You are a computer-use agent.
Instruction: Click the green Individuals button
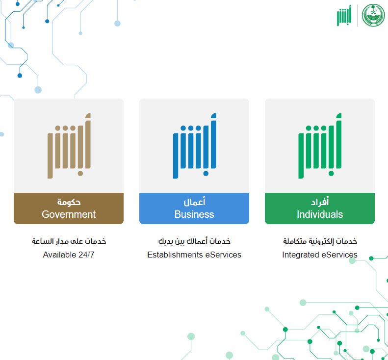coord(320,208)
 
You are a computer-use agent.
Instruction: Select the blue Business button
coord(194,208)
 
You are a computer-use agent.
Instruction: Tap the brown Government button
coord(69,208)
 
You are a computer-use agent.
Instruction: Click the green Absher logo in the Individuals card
coord(320,146)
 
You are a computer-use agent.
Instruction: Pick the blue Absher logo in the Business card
coord(194,146)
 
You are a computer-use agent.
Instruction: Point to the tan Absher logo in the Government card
coord(69,146)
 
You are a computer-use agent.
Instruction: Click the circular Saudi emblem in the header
coord(373,16)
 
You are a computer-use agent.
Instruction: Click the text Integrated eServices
coord(320,255)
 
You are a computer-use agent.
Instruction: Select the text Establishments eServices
coord(194,255)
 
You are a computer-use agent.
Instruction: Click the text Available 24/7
coord(69,255)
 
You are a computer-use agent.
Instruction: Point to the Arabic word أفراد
coord(320,202)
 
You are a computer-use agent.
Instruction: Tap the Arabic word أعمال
coord(194,202)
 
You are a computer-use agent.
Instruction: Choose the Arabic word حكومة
coord(69,202)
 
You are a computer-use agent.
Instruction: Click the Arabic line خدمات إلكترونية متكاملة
coord(320,241)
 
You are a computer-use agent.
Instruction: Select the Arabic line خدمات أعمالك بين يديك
coord(194,241)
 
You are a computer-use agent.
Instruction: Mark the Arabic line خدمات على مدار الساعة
coord(69,241)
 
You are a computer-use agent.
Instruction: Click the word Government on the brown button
coord(69,214)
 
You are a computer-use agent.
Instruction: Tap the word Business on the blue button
coord(194,214)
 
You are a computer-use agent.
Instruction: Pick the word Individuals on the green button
coord(320,214)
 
